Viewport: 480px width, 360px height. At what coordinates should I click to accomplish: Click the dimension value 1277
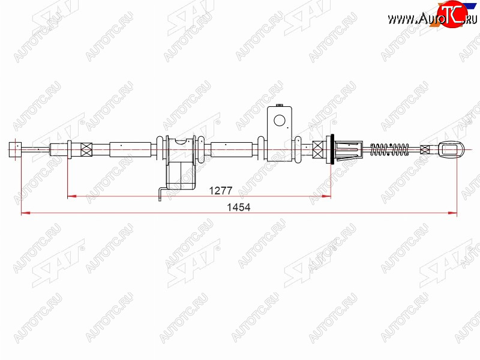point(220,191)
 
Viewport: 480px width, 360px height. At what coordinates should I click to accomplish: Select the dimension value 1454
point(238,207)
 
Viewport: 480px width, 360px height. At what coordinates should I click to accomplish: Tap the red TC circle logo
point(452,14)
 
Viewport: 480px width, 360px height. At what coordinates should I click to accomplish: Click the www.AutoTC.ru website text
point(432,19)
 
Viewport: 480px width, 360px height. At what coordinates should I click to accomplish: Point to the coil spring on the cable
point(389,149)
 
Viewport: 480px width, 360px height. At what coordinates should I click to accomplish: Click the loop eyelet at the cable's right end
point(452,149)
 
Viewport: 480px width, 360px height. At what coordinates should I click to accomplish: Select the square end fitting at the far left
point(16,149)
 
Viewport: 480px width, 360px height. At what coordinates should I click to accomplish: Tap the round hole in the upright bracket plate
point(280,121)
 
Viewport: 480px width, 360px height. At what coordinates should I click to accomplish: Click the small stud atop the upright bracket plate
point(280,105)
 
